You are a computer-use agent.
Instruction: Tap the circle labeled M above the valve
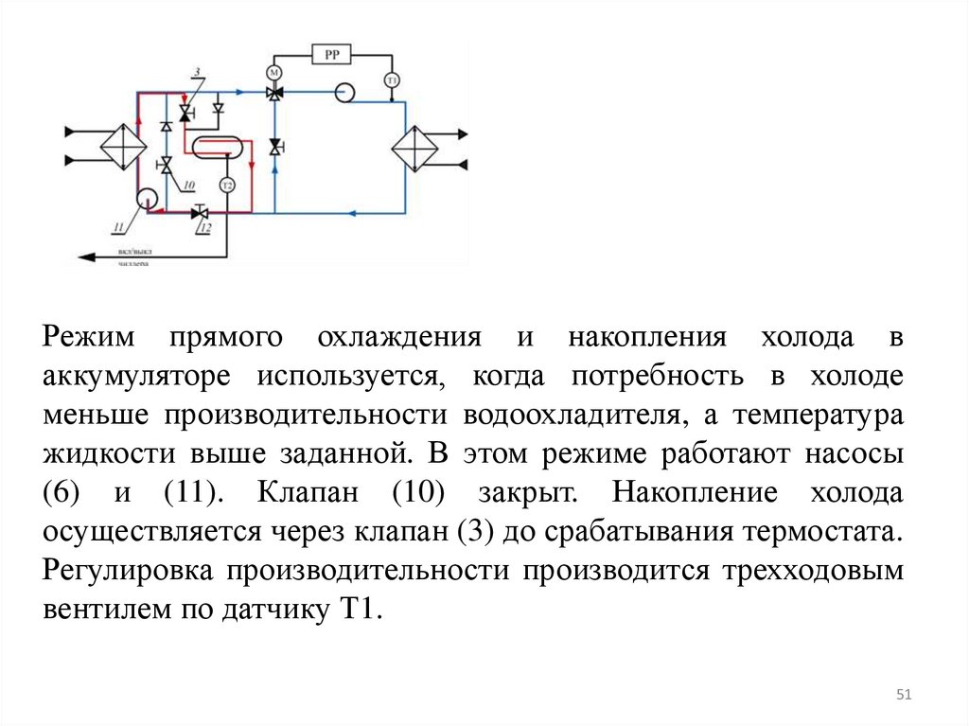275,73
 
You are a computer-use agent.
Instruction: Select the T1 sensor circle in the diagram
391,80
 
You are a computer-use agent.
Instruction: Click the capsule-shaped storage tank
218,147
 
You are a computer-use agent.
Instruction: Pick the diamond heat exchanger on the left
123,144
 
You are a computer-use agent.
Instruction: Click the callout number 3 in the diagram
196,73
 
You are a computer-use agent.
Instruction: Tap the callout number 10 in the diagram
189,186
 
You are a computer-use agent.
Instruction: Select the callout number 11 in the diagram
118,225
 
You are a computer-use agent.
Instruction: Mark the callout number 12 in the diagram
205,228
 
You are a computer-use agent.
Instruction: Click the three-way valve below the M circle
275,93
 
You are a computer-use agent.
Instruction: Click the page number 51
903,697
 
